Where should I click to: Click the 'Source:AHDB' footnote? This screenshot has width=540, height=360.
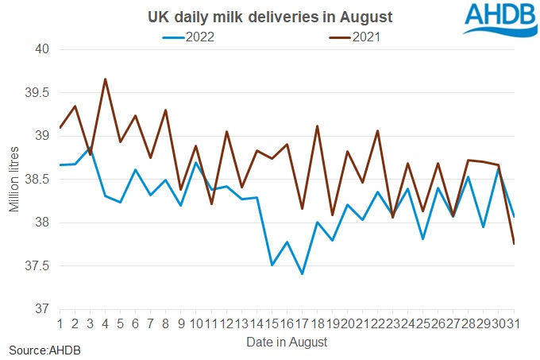pos(44,350)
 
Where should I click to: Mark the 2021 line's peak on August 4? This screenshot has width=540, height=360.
pos(106,79)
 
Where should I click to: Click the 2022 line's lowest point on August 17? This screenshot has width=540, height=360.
pos(302,273)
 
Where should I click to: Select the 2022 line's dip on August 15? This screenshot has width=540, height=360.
pos(272,265)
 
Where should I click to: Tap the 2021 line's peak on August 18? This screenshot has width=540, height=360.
pos(317,126)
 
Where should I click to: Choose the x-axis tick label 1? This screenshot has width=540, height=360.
pos(60,323)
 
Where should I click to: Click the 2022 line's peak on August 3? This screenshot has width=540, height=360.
pos(91,149)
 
